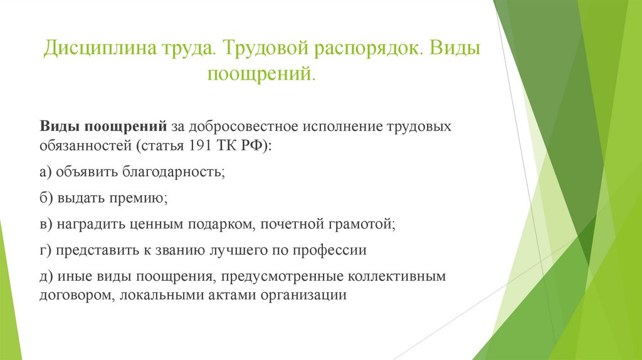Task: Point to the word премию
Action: point(141,198)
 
